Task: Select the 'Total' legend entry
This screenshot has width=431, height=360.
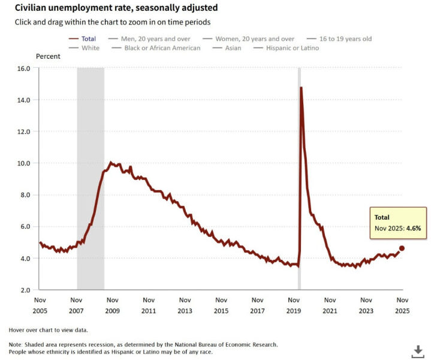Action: [88, 39]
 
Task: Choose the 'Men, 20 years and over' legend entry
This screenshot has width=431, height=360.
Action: [158, 39]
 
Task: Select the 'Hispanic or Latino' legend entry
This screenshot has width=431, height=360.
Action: [293, 48]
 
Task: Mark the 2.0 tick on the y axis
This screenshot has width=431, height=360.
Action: [25, 290]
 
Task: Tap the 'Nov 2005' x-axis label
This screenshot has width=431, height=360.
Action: [40, 305]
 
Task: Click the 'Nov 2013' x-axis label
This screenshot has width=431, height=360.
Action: [185, 305]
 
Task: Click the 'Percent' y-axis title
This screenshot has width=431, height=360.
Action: [48, 56]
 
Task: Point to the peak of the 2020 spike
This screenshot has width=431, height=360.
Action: [301, 88]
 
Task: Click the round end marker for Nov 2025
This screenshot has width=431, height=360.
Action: [402, 248]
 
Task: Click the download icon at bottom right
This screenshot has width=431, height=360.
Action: [417, 350]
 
